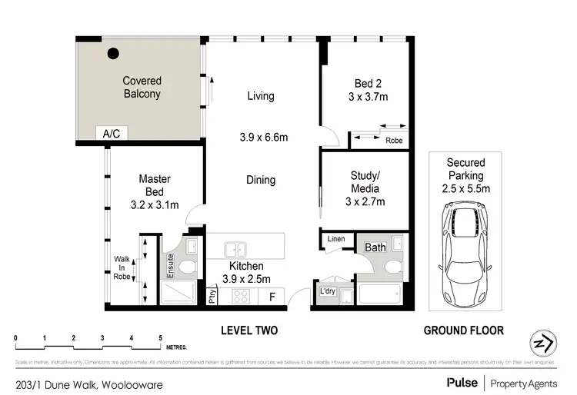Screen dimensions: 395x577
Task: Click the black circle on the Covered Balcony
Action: coord(113,54)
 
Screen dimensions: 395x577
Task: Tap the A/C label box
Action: coord(112,134)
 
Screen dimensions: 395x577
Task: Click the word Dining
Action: coord(261,180)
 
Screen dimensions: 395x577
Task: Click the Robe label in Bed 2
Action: coord(394,141)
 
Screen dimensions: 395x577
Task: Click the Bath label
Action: coord(375,247)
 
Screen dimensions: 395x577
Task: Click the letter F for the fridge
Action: coord(272,297)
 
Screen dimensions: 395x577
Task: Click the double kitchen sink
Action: coord(235,249)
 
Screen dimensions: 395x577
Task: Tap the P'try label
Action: coord(212,296)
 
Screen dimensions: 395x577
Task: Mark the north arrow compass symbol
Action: coord(543,343)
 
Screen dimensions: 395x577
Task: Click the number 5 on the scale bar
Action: coord(160,338)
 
